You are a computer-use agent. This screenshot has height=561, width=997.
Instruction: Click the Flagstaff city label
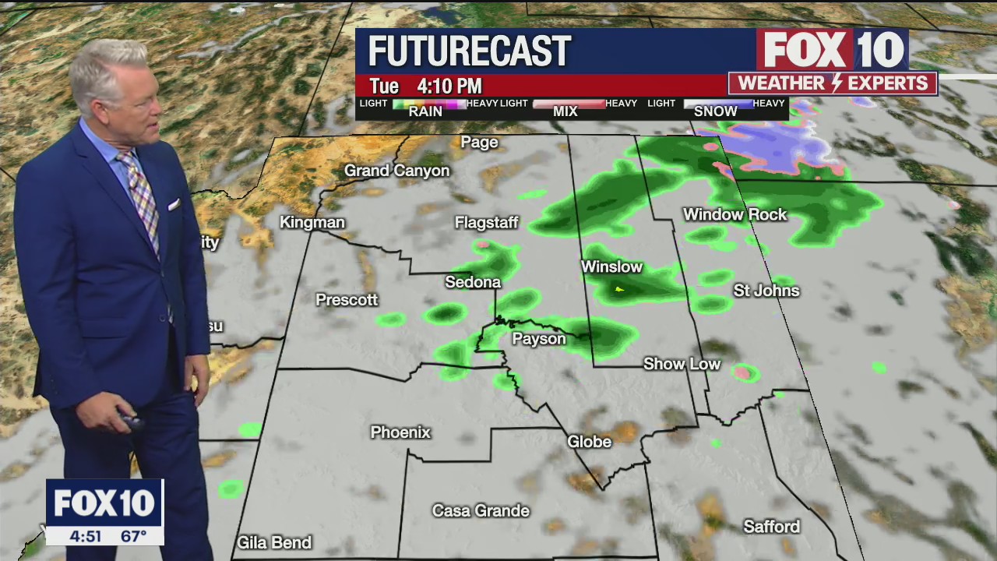tap(486, 224)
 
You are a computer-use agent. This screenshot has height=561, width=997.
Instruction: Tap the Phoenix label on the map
tap(400, 432)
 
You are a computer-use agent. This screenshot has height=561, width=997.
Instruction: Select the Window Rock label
tap(735, 214)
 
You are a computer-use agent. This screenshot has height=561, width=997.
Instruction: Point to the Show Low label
tap(682, 364)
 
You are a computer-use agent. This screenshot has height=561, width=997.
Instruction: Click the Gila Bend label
tap(274, 542)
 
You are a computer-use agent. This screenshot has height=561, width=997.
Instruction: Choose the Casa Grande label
tap(481, 511)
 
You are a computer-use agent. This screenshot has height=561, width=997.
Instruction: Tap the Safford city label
tap(771, 527)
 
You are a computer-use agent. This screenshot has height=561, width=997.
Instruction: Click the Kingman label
tap(312, 223)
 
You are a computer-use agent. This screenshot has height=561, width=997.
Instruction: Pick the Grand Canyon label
tap(396, 171)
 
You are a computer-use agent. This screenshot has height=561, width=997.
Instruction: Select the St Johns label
tap(766, 291)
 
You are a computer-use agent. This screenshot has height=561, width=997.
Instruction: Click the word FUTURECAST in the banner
tap(469, 51)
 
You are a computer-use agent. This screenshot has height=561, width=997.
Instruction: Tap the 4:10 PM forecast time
tap(449, 86)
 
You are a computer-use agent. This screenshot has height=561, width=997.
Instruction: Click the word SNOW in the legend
tap(715, 111)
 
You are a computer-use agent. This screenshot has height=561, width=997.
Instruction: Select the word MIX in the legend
tap(565, 111)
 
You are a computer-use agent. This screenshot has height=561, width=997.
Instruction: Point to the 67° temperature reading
tap(134, 536)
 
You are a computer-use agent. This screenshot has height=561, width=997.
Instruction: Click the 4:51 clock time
tap(86, 536)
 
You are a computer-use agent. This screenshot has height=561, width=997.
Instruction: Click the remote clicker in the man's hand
tap(129, 421)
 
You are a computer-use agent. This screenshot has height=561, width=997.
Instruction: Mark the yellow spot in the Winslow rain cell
tap(619, 290)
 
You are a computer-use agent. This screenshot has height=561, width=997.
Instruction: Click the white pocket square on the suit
tap(174, 204)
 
